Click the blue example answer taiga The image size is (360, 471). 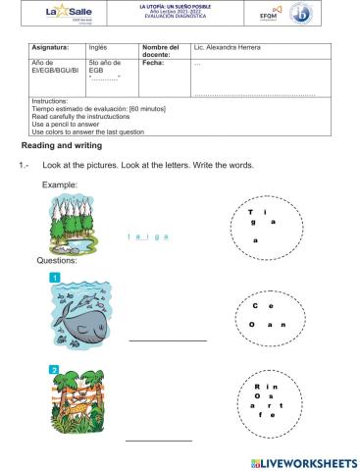[148, 236]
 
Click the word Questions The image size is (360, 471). [57, 261]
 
